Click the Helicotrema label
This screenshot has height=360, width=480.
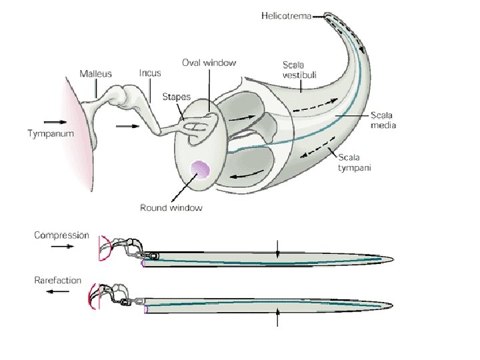pyautogui.click(x=285, y=14)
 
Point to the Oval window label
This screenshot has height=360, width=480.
pyautogui.click(x=209, y=63)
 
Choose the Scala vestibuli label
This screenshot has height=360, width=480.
pyautogui.click(x=295, y=69)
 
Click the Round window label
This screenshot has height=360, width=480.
pyautogui.click(x=171, y=207)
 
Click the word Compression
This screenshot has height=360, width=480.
pyautogui.click(x=61, y=235)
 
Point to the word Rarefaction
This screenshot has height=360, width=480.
pyautogui.click(x=58, y=280)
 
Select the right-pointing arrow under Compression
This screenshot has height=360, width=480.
pyautogui.click(x=63, y=246)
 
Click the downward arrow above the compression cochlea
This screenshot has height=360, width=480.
pyautogui.click(x=278, y=246)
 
